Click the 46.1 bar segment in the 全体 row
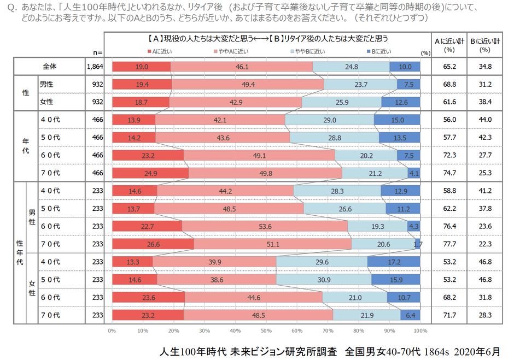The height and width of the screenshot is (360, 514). click(242, 67)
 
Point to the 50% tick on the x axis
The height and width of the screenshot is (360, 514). click(266, 331)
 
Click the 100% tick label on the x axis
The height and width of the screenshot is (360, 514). click(420, 331)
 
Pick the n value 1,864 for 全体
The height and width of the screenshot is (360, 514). click(95, 67)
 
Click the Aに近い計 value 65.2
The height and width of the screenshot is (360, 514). click(450, 67)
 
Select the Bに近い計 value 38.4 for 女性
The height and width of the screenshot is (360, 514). click(485, 102)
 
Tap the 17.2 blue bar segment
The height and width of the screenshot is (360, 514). click(394, 262)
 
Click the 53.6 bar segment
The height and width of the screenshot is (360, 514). click(265, 226)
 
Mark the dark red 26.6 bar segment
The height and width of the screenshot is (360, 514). click(153, 244)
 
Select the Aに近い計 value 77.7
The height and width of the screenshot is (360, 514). click(450, 244)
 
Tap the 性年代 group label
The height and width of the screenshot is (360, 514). click(20, 253)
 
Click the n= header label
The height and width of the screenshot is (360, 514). click(98, 52)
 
